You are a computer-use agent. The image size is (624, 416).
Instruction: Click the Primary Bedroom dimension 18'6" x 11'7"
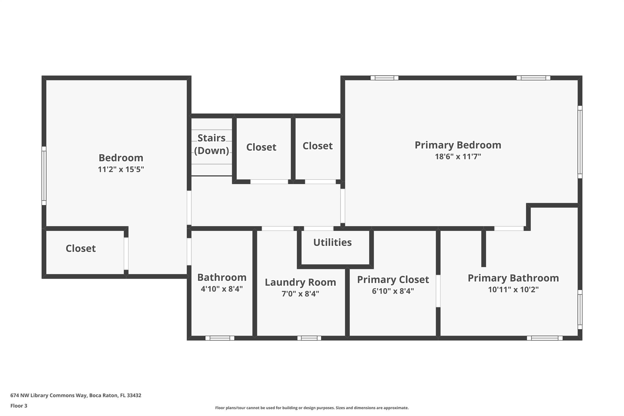(x=458, y=157)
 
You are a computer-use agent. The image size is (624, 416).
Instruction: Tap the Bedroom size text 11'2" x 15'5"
(x=121, y=169)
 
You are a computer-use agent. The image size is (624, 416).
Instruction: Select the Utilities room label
(x=332, y=243)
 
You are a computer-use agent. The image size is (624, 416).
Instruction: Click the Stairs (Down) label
(x=211, y=144)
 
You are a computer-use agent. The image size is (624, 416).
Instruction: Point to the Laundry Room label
(x=300, y=282)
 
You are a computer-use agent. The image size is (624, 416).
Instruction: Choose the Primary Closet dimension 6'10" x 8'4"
(x=393, y=291)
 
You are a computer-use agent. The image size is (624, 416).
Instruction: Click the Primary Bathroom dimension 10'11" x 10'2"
(x=513, y=290)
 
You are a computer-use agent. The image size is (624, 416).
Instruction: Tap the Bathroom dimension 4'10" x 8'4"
(x=222, y=289)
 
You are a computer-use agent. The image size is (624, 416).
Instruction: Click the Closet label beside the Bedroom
(x=81, y=248)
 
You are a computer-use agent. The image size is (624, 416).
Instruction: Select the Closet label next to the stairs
(x=261, y=147)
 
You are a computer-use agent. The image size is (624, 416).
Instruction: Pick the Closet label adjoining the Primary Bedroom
(x=317, y=146)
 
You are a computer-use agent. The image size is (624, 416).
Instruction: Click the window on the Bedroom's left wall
(x=44, y=176)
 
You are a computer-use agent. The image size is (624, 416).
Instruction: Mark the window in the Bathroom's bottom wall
(x=220, y=338)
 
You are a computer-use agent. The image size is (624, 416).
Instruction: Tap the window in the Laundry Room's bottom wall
(x=309, y=338)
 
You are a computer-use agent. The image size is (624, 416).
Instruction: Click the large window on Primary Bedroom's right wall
(x=580, y=142)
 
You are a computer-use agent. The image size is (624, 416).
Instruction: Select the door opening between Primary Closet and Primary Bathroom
(x=438, y=291)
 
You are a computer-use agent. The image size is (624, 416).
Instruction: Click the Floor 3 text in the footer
(x=19, y=406)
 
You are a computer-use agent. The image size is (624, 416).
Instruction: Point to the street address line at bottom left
(x=76, y=395)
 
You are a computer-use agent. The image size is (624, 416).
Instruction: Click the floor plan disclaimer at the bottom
(x=312, y=408)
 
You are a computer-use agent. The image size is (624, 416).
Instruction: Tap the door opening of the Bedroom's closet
(x=126, y=254)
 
